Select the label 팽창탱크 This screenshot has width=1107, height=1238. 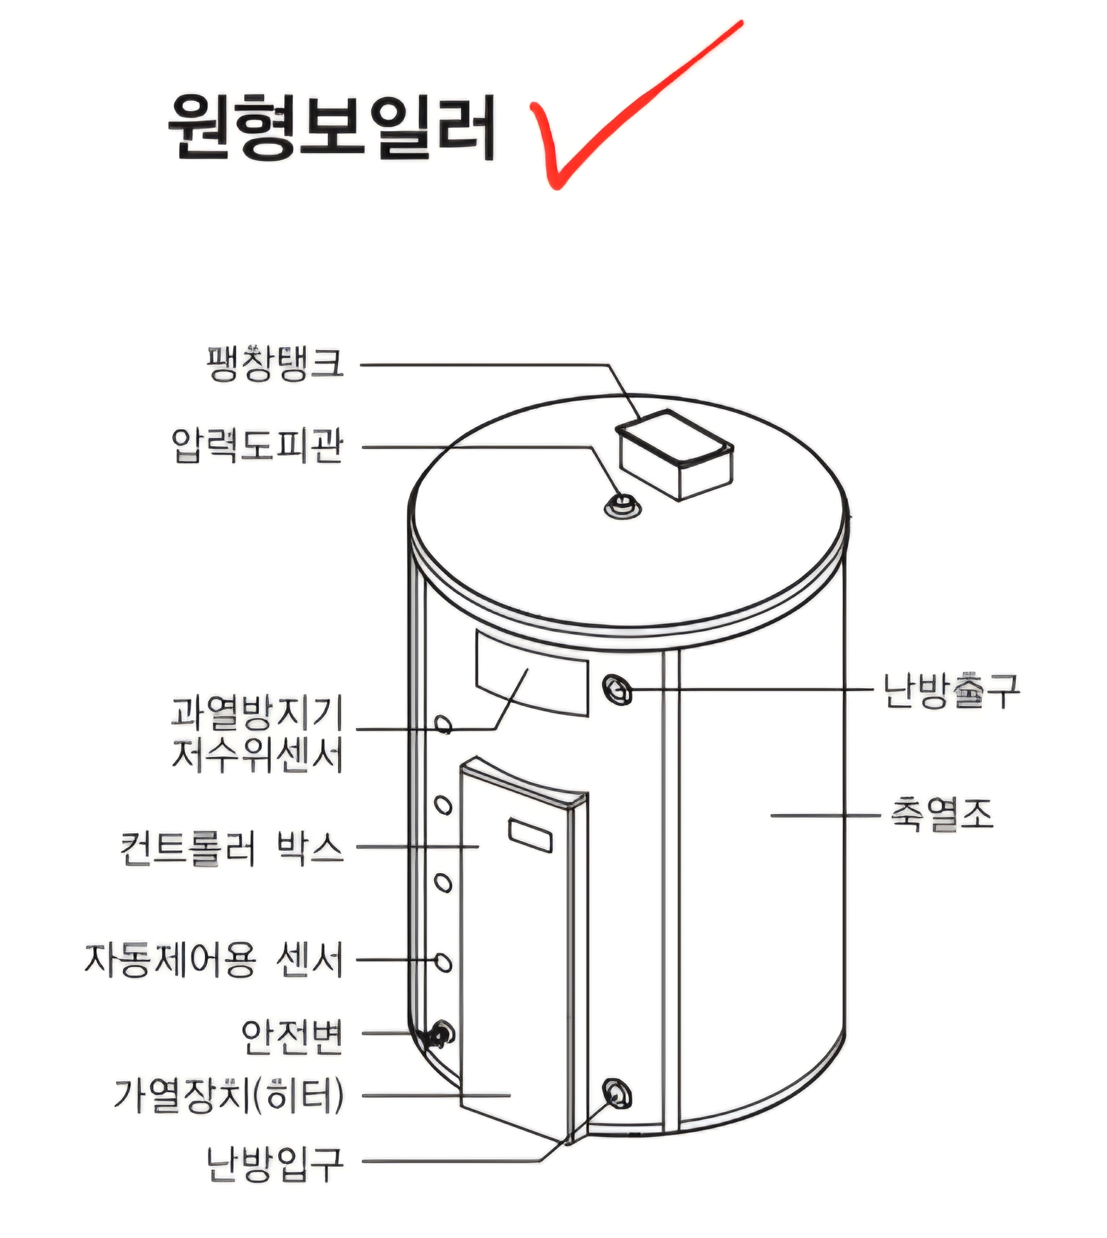tap(275, 364)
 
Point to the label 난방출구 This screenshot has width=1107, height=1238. tap(951, 690)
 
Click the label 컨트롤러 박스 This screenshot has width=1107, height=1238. tap(232, 847)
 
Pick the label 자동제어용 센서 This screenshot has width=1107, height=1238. tap(213, 960)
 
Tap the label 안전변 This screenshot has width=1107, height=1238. tap(292, 1036)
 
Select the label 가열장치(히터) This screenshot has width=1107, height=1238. tap(229, 1096)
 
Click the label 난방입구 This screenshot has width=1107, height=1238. tap(275, 1164)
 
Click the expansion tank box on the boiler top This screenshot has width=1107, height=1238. tap(674, 455)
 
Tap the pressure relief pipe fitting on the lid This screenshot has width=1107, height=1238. tap(622, 506)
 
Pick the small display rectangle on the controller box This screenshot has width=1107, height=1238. tap(530, 835)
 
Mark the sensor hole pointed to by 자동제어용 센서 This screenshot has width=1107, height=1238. tap(443, 962)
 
